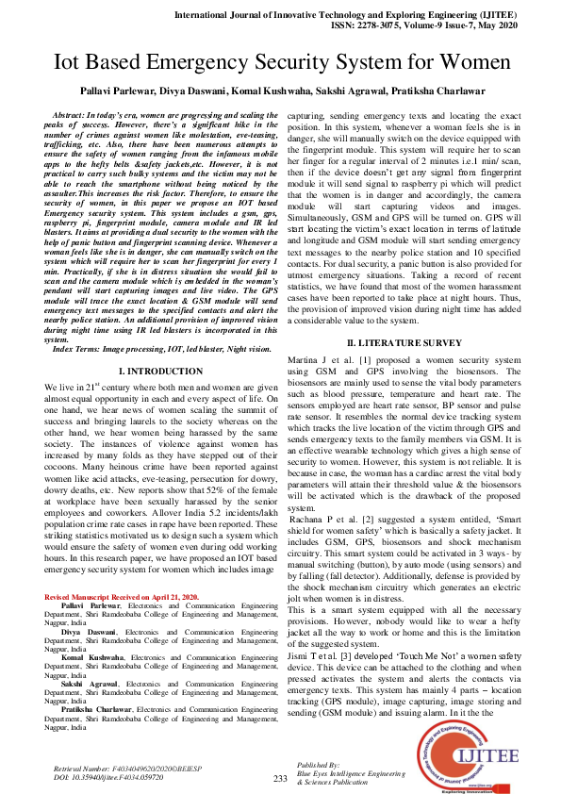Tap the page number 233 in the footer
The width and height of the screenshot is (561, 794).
tap(280, 778)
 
